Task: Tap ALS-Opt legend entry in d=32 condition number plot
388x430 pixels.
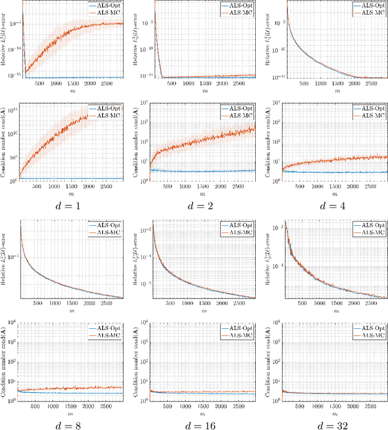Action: [369, 325]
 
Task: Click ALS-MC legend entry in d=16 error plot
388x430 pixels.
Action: [239, 231]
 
